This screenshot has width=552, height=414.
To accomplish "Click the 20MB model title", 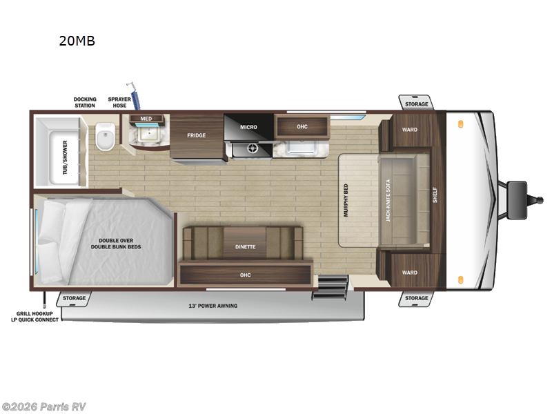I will click(x=77, y=41).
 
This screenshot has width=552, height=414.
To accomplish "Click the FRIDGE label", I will click(x=197, y=135).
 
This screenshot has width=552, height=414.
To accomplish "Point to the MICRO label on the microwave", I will click(x=248, y=127).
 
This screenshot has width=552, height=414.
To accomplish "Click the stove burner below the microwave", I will click(x=252, y=148).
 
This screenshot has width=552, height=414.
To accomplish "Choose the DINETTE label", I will click(x=245, y=246).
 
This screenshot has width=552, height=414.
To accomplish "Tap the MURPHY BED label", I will click(x=346, y=200).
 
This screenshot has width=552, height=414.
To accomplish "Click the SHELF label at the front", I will click(x=435, y=195).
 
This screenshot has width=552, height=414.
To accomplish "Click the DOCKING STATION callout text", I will click(x=86, y=103).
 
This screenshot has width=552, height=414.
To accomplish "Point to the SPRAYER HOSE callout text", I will click(x=119, y=103).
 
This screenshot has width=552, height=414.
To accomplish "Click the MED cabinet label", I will click(x=146, y=119).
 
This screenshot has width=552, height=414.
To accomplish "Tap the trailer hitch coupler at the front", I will click(x=519, y=193).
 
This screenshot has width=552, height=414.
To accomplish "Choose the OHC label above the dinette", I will click(x=245, y=275).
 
